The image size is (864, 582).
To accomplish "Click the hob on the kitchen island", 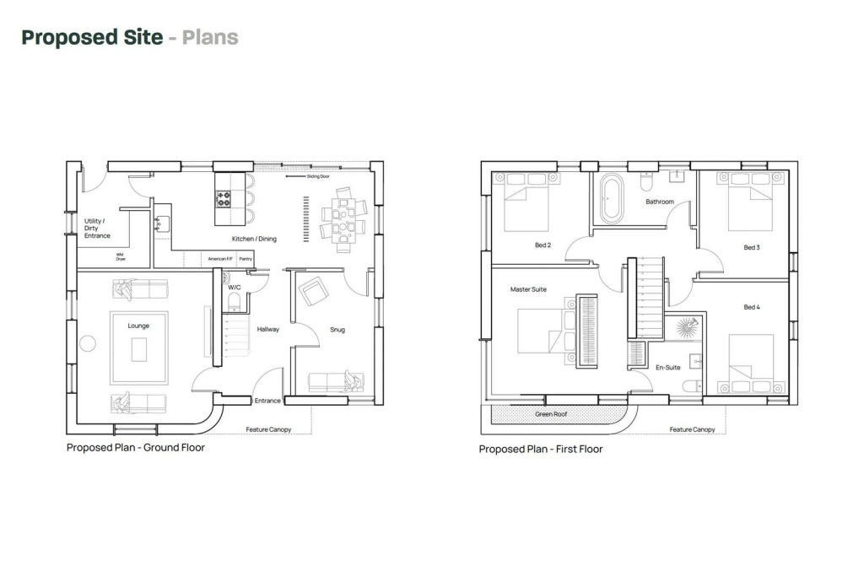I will click(224, 199).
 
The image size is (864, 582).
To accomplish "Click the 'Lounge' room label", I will click(138, 325).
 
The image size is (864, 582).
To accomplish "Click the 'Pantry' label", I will click(246, 260).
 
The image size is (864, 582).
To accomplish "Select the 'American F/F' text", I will click(220, 260).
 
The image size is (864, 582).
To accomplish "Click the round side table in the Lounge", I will click(86, 343).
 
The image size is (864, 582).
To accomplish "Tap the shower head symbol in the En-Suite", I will click(689, 326).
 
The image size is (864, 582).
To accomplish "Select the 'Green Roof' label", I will click(550, 414).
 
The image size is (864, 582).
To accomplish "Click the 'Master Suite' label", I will click(528, 289).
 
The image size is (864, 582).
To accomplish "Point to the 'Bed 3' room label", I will click(751, 247).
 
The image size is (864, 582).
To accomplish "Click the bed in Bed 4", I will click(750, 364).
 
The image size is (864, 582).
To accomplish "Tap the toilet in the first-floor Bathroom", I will click(647, 181).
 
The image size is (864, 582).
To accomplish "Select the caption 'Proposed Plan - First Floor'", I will click(540, 449).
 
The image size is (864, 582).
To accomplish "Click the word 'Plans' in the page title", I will click(210, 37).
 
